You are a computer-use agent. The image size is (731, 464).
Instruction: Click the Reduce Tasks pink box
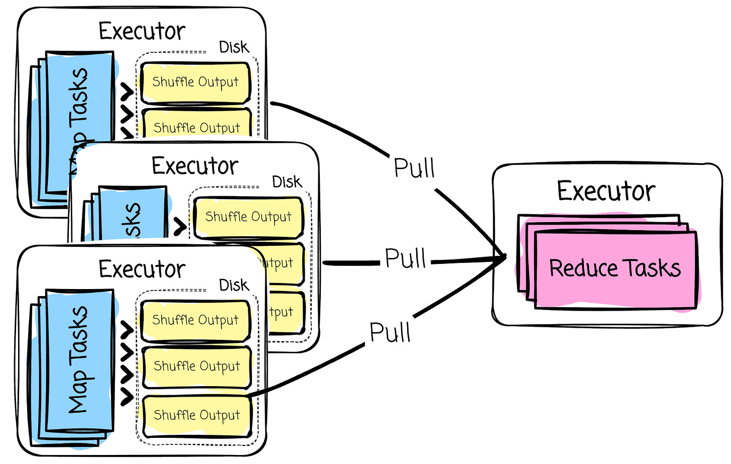(x=615, y=269)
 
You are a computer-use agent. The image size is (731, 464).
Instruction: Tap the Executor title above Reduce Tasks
(x=606, y=191)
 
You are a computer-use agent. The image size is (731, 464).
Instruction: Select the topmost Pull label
(x=414, y=168)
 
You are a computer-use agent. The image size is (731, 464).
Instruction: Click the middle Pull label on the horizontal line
(x=405, y=258)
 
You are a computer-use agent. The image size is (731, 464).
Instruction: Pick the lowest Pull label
(x=390, y=332)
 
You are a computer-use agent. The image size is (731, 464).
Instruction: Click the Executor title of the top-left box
(x=142, y=31)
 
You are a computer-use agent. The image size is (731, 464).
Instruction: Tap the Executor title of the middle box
(x=195, y=166)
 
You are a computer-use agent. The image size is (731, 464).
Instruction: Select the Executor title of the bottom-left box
(x=142, y=269)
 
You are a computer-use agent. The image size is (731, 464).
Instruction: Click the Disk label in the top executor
(x=233, y=47)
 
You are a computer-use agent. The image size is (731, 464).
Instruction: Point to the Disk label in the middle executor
(x=287, y=182)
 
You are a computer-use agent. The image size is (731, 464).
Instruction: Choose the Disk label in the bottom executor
(x=233, y=285)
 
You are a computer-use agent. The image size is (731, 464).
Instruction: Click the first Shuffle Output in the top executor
(x=195, y=82)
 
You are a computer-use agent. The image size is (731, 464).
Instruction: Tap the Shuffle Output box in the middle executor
(x=248, y=217)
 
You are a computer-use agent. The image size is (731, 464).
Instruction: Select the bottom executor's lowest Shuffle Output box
(x=196, y=415)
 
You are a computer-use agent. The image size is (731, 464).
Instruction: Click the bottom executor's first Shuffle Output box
(x=195, y=320)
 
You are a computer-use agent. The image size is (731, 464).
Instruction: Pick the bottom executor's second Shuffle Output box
(x=196, y=366)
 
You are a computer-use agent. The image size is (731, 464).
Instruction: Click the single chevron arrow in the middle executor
(x=180, y=227)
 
